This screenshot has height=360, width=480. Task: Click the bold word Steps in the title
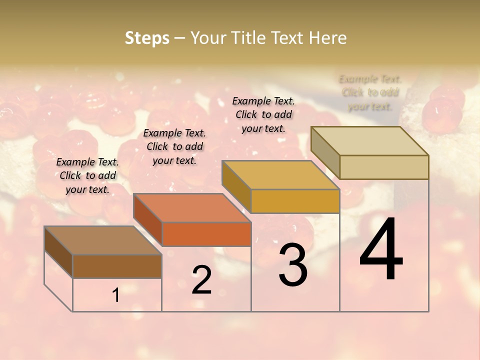[x=147, y=38]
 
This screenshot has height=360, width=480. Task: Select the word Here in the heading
[x=327, y=38]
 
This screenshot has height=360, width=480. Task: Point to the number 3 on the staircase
[x=293, y=265]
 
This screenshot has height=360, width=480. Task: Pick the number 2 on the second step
[x=201, y=280]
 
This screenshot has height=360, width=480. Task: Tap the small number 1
[x=116, y=295]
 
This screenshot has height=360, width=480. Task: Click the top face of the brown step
[x=103, y=240]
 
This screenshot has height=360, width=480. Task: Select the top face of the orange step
[x=192, y=208]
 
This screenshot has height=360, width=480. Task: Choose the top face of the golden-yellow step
[x=280, y=175]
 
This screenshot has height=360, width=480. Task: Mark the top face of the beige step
[x=370, y=141]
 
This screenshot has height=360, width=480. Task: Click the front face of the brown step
[x=117, y=266]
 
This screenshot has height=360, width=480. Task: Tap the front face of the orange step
[x=206, y=234]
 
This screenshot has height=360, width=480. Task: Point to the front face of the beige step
[x=384, y=167]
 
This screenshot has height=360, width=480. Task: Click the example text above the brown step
[x=87, y=175]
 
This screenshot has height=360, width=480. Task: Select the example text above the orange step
[x=174, y=146]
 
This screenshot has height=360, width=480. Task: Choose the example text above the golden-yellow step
[x=263, y=114]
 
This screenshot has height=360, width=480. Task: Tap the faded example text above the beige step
[x=370, y=92]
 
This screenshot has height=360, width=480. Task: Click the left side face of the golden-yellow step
[x=236, y=186]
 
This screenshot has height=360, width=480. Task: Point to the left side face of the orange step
[x=147, y=219]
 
